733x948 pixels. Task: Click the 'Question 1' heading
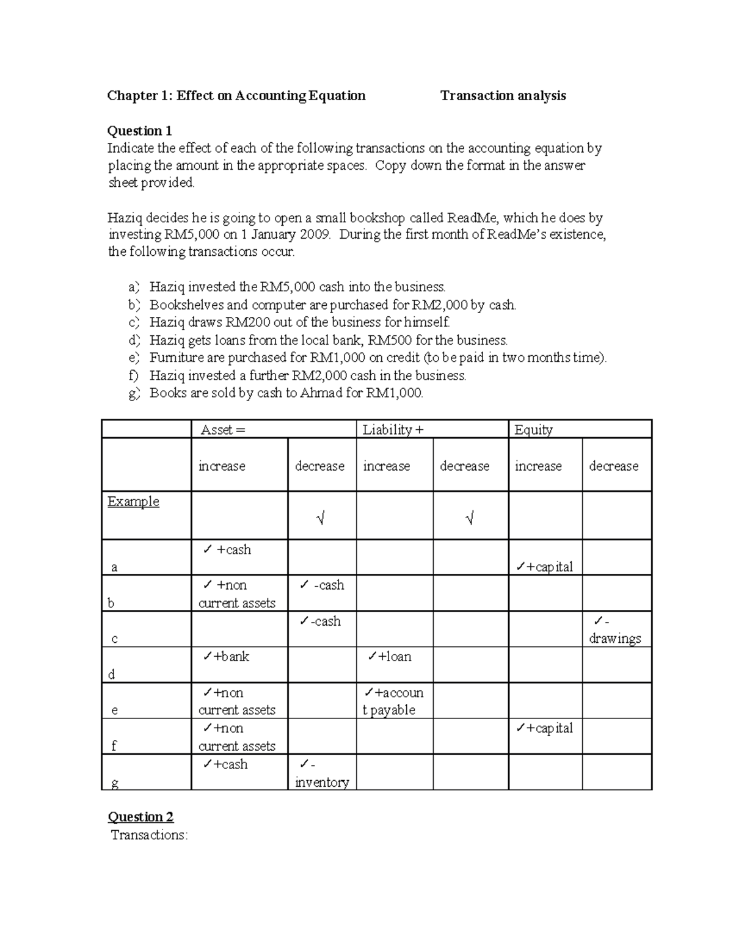[139, 131]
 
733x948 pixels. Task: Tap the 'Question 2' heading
[140, 817]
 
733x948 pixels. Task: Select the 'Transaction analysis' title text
[503, 95]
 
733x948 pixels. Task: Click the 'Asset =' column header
[222, 430]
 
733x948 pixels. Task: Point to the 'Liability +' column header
[392, 430]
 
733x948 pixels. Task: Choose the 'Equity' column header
[533, 430]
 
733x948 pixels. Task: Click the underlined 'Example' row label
[133, 502]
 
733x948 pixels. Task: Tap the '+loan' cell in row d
[390, 657]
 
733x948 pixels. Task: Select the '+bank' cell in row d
[227, 657]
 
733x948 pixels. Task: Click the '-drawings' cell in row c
[614, 630]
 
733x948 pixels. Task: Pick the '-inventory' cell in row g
[321, 773]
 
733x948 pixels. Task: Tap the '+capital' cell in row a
[544, 566]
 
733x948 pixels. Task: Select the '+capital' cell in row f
[544, 728]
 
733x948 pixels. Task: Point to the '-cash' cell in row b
[322, 585]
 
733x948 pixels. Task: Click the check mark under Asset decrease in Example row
[321, 519]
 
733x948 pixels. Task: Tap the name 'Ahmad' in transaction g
[321, 393]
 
